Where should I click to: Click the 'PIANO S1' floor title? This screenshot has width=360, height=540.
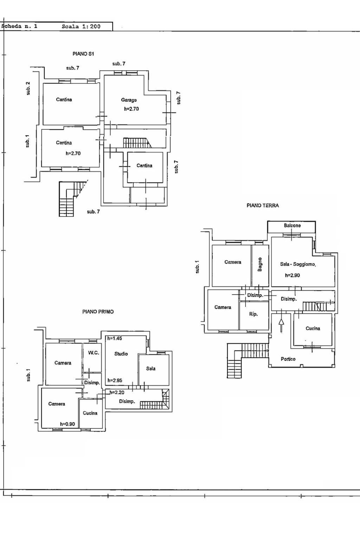[x=83, y=54]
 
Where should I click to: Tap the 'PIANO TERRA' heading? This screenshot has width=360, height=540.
[x=263, y=205]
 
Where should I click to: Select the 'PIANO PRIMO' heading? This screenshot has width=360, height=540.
[x=98, y=312]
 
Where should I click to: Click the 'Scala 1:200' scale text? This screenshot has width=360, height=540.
[x=81, y=26]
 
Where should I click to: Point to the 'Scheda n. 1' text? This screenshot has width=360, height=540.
[x=19, y=26]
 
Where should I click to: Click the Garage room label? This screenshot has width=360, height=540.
[x=129, y=100]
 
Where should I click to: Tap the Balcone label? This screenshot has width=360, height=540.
[x=292, y=225]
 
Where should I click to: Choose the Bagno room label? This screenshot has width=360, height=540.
[x=260, y=264]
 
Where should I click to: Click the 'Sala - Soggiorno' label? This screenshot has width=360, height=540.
[x=298, y=264]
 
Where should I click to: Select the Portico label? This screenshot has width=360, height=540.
[x=288, y=359]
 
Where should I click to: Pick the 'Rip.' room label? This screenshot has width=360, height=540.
[x=253, y=314]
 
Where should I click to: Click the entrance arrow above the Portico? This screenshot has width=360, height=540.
[x=281, y=325]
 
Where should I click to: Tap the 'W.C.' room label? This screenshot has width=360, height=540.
[x=94, y=353]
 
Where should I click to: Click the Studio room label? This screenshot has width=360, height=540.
[x=121, y=354]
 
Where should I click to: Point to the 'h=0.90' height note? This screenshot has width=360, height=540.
[x=67, y=424]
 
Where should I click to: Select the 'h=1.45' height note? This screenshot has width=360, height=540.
[x=115, y=338]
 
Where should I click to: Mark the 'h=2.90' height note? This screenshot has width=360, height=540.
[x=292, y=275]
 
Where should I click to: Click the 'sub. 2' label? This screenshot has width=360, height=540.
[x=28, y=89]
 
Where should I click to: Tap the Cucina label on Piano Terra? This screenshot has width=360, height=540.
[x=313, y=328]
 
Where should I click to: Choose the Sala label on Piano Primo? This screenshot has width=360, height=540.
[x=151, y=368]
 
